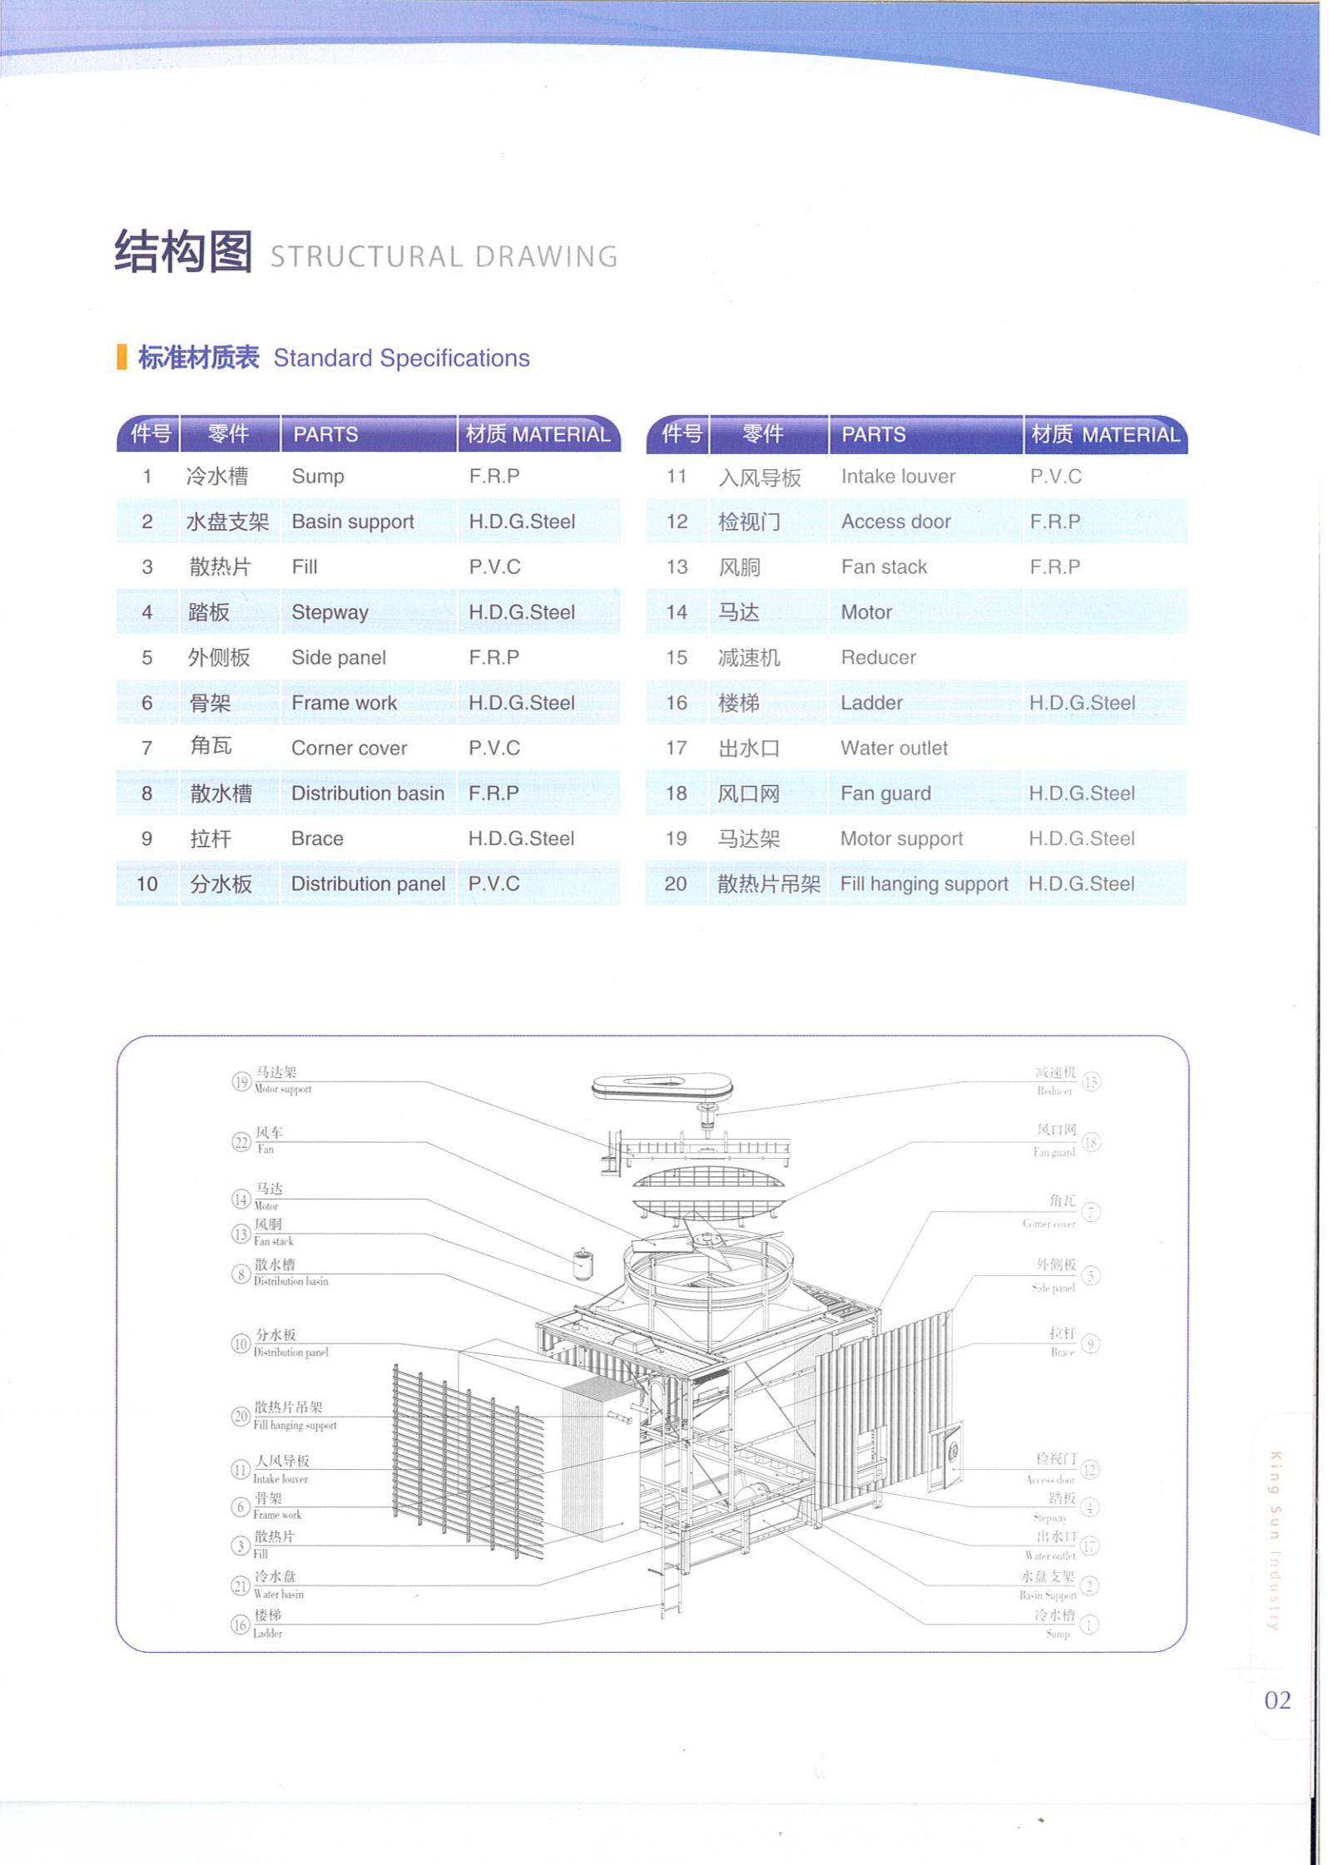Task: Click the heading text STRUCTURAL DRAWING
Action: [x=444, y=257]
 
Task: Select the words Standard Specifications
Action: [x=401, y=359]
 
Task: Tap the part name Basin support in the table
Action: [x=353, y=522]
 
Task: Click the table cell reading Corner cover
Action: [x=349, y=748]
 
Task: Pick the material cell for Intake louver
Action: [x=1055, y=477]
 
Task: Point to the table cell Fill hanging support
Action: [x=924, y=883]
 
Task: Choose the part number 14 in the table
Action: [x=676, y=612]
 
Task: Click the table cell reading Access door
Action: [x=895, y=522]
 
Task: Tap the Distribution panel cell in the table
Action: [x=368, y=883]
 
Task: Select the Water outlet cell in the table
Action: [x=894, y=748]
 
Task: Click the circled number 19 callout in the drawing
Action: [x=241, y=1081]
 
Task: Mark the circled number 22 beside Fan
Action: [x=241, y=1141]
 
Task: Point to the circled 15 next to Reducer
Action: [x=1090, y=1081]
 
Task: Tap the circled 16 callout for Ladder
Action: [x=240, y=1624]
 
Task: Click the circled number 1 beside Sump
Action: [x=1088, y=1624]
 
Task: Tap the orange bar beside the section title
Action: [x=121, y=357]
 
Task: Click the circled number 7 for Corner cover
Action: [x=1090, y=1212]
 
